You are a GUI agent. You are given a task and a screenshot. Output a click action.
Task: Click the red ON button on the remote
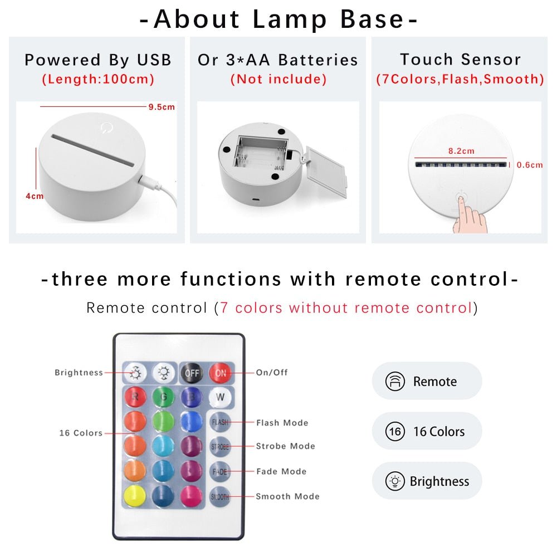(x=221, y=373)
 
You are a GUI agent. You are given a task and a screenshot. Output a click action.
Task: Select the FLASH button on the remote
(x=220, y=422)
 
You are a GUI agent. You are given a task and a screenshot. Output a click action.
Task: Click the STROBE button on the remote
(x=220, y=447)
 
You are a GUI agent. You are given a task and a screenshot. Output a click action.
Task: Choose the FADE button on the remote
(x=220, y=471)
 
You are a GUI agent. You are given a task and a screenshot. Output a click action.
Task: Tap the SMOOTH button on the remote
(x=220, y=496)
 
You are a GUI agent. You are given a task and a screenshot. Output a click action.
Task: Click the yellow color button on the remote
(x=135, y=495)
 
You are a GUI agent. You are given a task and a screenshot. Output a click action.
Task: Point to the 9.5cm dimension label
(x=162, y=107)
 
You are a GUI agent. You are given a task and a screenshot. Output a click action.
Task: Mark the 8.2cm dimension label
(x=461, y=151)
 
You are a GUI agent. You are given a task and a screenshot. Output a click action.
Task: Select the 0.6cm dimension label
(x=529, y=165)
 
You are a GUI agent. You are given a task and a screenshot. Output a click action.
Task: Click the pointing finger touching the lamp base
(x=468, y=214)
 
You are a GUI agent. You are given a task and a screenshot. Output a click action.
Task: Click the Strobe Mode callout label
(x=285, y=446)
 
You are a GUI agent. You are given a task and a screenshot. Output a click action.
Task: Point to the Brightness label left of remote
(x=79, y=373)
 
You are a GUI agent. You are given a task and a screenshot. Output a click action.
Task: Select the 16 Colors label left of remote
(x=81, y=433)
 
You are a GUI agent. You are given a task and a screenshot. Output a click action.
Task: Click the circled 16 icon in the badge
(x=395, y=431)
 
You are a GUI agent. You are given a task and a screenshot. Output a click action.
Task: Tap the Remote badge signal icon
(x=395, y=382)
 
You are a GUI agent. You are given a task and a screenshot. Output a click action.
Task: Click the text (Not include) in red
(x=278, y=79)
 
